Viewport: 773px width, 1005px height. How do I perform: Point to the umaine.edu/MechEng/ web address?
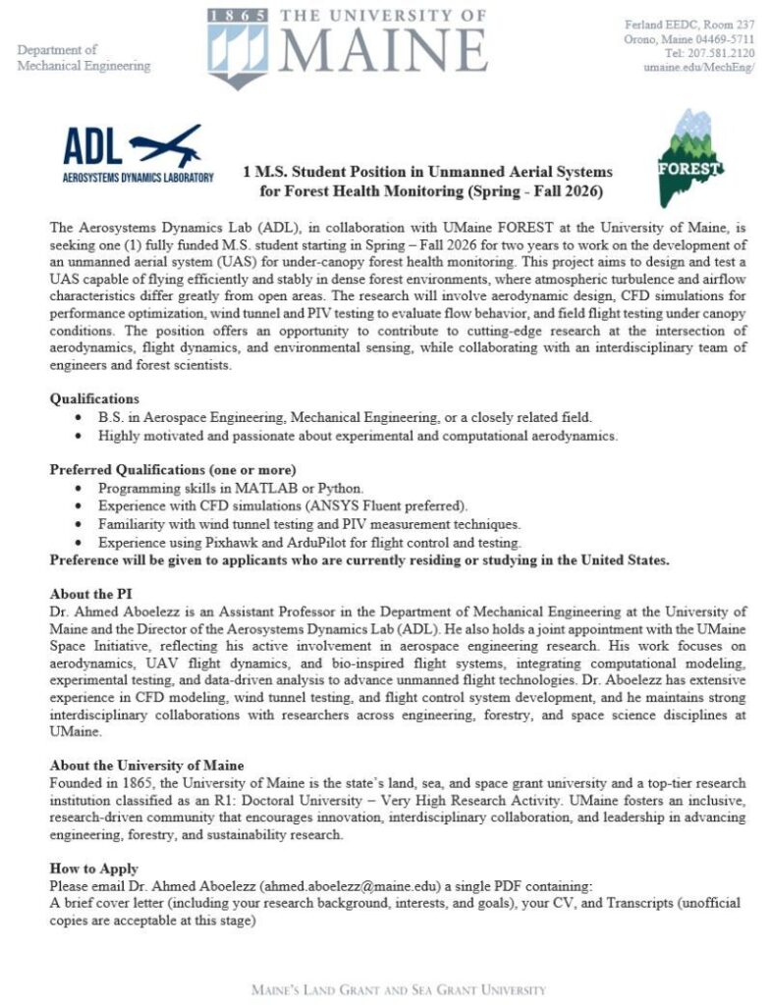click(x=698, y=68)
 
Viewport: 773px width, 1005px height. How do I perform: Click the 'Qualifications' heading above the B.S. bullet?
click(x=94, y=399)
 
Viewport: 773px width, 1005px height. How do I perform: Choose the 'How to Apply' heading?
click(x=94, y=869)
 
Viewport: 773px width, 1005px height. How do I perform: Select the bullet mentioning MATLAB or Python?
click(x=216, y=488)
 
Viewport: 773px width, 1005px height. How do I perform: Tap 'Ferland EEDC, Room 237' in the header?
click(x=689, y=24)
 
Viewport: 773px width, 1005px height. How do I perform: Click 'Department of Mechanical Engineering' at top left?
click(x=84, y=58)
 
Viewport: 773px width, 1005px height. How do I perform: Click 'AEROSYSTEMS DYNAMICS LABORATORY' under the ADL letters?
click(x=138, y=178)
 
